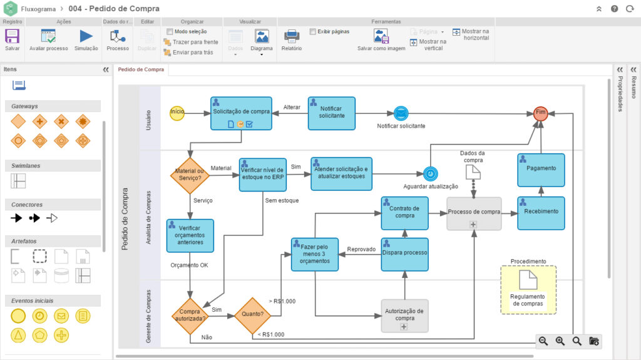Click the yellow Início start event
pyautogui.click(x=177, y=112)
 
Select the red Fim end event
pyautogui.click(x=541, y=113)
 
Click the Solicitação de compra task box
pyautogui.click(x=241, y=113)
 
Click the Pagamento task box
pyautogui.click(x=541, y=168)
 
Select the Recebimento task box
pyautogui.click(x=541, y=212)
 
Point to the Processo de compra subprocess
pyautogui.click(x=474, y=213)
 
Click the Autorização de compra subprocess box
pyautogui.click(x=404, y=315)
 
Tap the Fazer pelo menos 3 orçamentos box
pyautogui.click(x=314, y=254)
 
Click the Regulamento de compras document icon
pyautogui.click(x=528, y=281)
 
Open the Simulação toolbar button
pyautogui.click(x=86, y=39)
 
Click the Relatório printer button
pyautogui.click(x=292, y=39)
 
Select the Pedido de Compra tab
pyautogui.click(x=141, y=69)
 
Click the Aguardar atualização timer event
pyautogui.click(x=430, y=173)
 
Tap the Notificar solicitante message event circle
pyautogui.click(x=401, y=113)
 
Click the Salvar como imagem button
pyautogui.click(x=381, y=39)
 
